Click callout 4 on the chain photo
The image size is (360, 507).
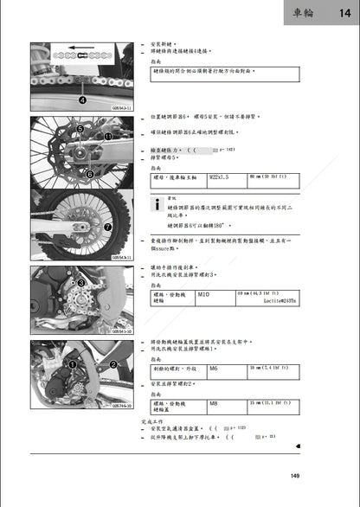(x=81, y=99)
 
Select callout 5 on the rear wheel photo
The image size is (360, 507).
(x=80, y=130)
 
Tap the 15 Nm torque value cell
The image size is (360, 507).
(x=267, y=404)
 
